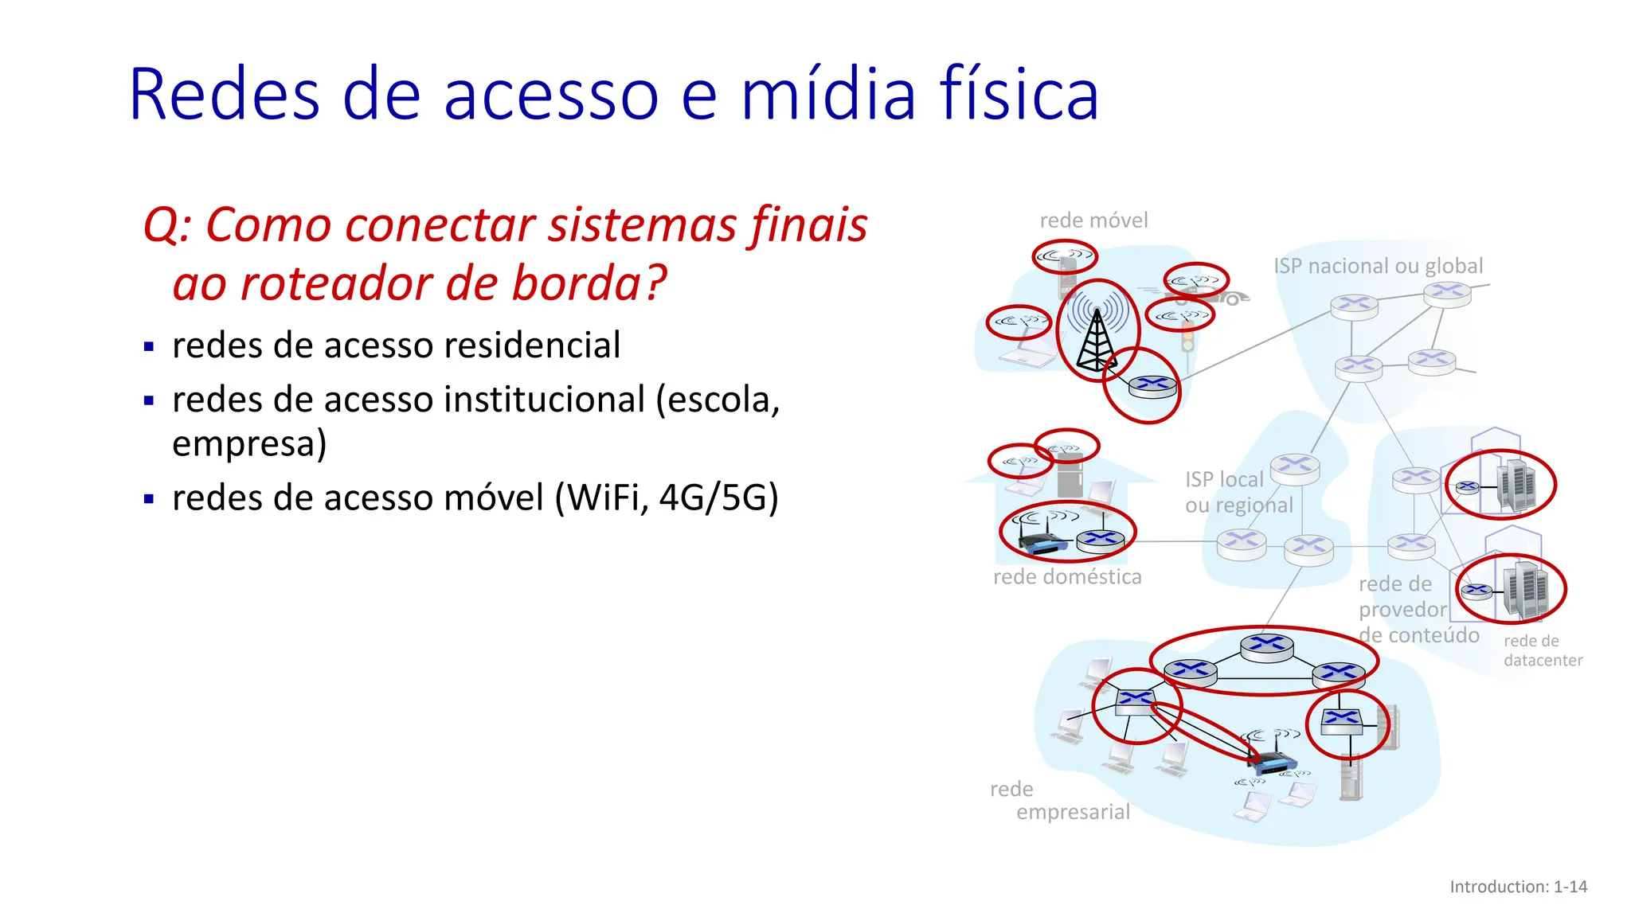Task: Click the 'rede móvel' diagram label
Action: [x=1093, y=220]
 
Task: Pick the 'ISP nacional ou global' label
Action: [x=1378, y=266]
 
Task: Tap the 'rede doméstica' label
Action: [x=1067, y=576]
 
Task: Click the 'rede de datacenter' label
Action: [x=1542, y=650]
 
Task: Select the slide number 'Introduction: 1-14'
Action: [x=1518, y=887]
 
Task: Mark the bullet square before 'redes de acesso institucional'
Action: [x=149, y=400]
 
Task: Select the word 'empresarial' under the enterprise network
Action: [x=1073, y=812]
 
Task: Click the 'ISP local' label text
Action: [x=1224, y=479]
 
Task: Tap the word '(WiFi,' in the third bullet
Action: [x=602, y=498]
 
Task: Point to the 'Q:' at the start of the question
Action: [x=168, y=225]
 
